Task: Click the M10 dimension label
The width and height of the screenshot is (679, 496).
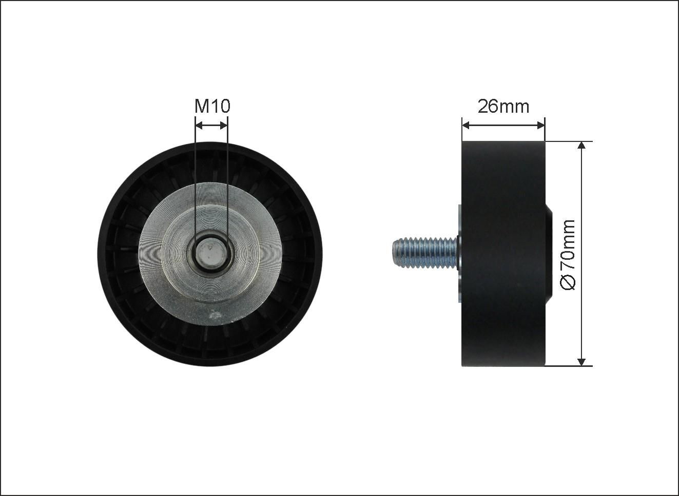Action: pyautogui.click(x=212, y=106)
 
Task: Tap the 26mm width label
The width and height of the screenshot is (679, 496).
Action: pyautogui.click(x=503, y=107)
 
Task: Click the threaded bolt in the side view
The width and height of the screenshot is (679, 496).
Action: pyautogui.click(x=425, y=253)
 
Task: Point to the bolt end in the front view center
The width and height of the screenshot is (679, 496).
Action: pyautogui.click(x=211, y=254)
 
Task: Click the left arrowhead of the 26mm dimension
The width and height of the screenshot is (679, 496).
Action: pyautogui.click(x=466, y=126)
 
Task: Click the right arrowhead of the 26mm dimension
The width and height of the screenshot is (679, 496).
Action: pyautogui.click(x=541, y=126)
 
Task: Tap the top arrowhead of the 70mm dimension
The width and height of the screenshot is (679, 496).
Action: pyautogui.click(x=581, y=146)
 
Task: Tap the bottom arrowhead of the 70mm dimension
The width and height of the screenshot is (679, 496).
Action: pyautogui.click(x=581, y=362)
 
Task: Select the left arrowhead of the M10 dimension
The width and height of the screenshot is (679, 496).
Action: pyautogui.click(x=199, y=126)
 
